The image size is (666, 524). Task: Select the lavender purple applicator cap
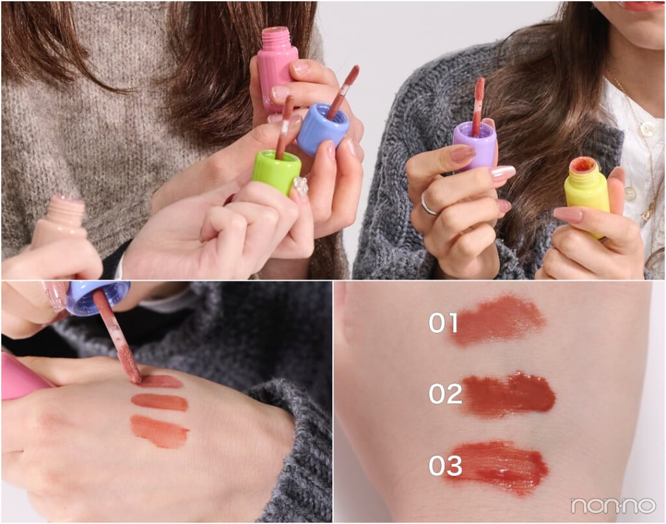(475, 144)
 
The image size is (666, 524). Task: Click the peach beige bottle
(59, 221)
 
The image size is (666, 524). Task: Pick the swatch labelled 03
(497, 466)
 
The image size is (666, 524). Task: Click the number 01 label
(443, 322)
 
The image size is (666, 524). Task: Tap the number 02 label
(445, 393)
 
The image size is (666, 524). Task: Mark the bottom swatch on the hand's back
(160, 431)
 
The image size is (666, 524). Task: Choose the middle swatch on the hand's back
(160, 402)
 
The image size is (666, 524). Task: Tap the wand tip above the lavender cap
(480, 88)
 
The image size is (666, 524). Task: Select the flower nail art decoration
(300, 186)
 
